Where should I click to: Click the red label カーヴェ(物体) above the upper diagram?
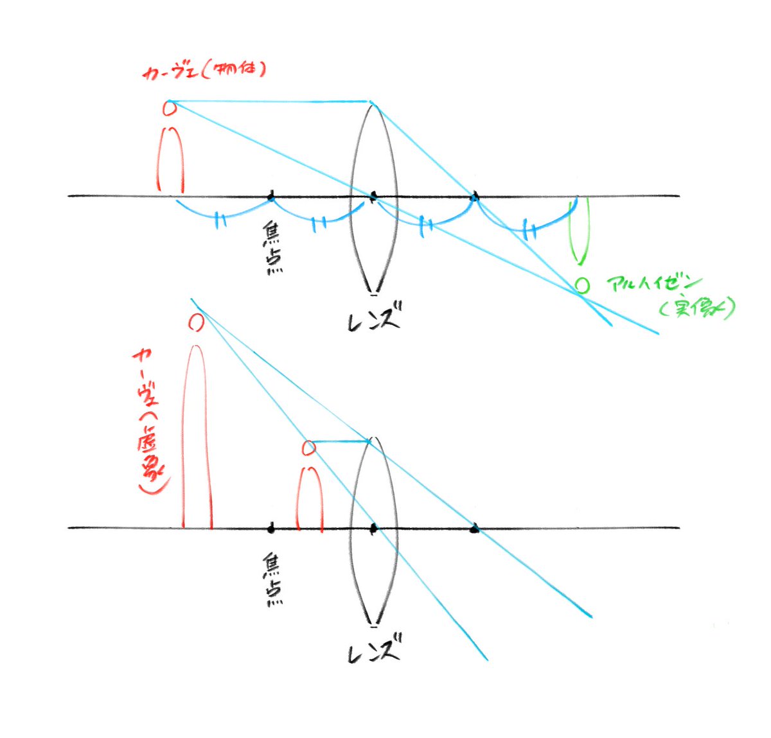pyautogui.click(x=204, y=70)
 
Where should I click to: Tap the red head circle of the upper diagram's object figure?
pyautogui.click(x=170, y=109)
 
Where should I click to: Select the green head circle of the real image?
pyautogui.click(x=581, y=285)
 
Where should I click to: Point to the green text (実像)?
pyautogui.click(x=696, y=309)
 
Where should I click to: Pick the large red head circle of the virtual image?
pyautogui.click(x=196, y=322)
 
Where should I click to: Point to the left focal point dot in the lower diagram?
pyautogui.click(x=271, y=528)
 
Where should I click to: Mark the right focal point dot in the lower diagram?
pyautogui.click(x=475, y=529)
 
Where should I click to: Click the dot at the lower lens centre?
pyautogui.click(x=374, y=529)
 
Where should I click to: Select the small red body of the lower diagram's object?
pyautogui.click(x=310, y=498)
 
